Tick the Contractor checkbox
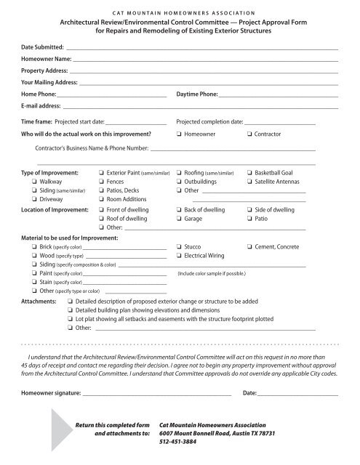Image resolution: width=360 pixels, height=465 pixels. coord(250,134)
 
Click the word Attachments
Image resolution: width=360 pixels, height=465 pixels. coord(37,299)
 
